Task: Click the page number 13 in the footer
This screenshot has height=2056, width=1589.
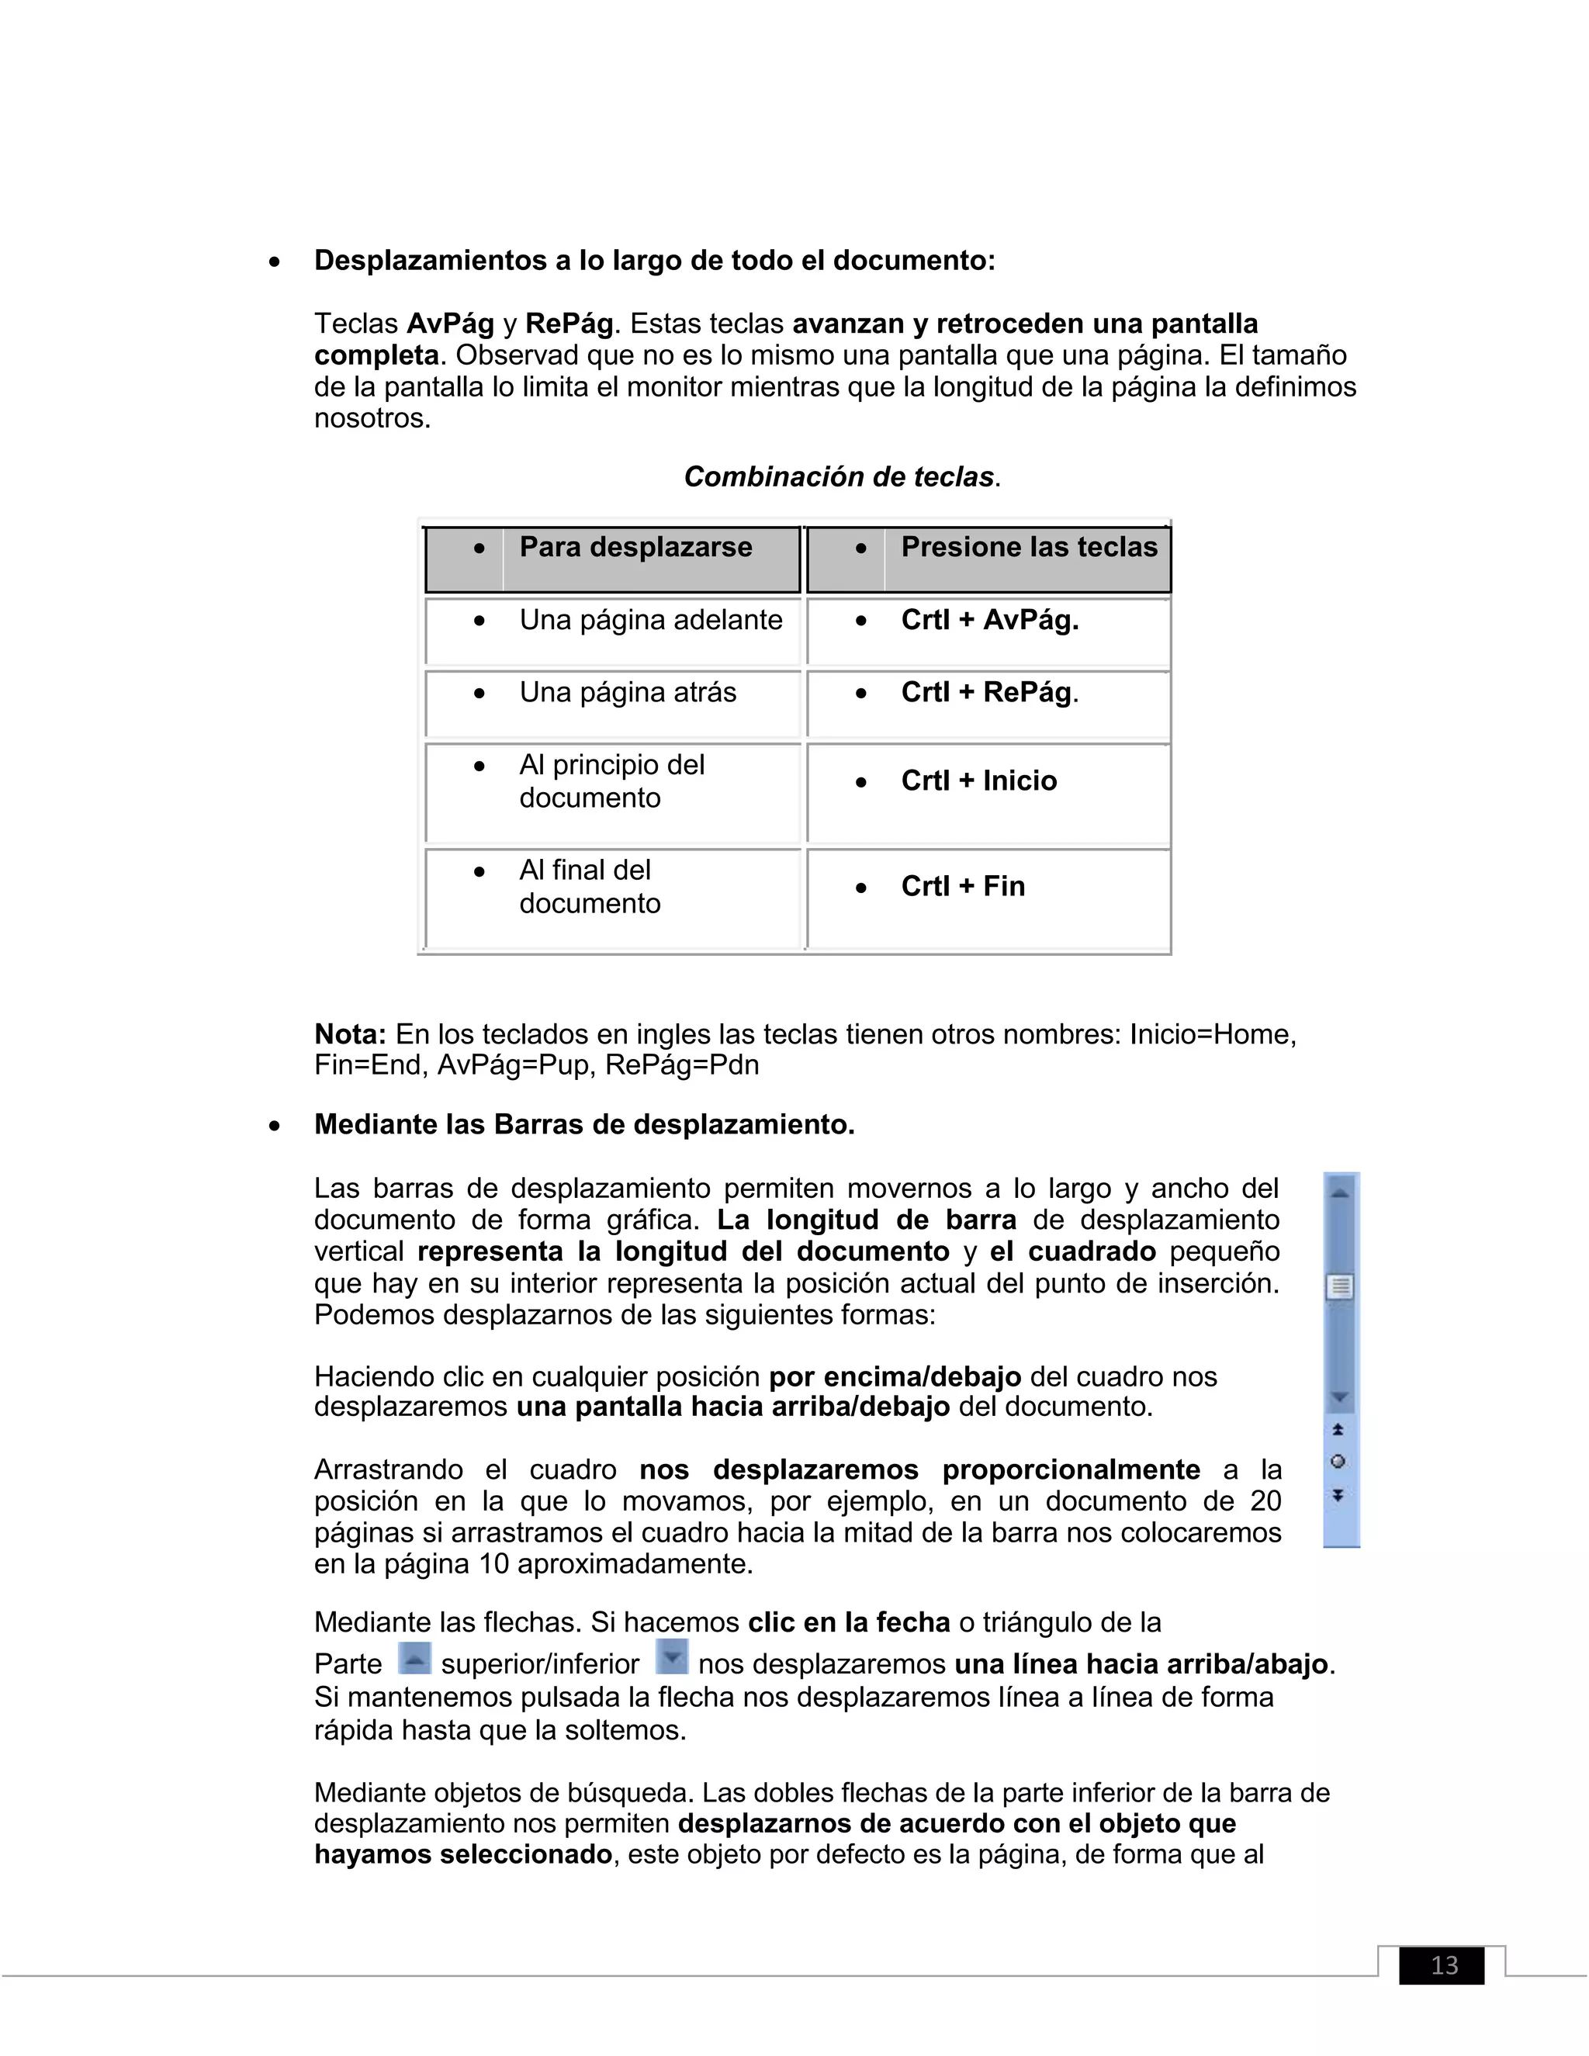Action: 1444,1964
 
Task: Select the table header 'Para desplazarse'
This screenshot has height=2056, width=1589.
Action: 635,547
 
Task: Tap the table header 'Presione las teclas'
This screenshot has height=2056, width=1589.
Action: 1029,547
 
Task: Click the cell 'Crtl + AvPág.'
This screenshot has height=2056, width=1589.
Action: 989,621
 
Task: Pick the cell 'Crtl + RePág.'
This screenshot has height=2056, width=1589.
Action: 989,693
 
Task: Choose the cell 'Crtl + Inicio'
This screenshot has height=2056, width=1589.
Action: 979,781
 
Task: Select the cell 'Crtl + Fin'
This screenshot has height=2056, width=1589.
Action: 962,886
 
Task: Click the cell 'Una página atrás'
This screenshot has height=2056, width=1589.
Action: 628,693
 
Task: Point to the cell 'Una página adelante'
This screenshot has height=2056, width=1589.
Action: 650,621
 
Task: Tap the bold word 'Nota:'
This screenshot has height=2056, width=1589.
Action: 350,1034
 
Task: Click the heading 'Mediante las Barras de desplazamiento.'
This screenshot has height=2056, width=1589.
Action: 583,1124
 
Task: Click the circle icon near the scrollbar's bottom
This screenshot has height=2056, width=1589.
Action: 1338,1462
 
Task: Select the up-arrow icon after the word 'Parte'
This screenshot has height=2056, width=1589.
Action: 414,1658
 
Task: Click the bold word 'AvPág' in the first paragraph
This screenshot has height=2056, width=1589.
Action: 450,324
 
